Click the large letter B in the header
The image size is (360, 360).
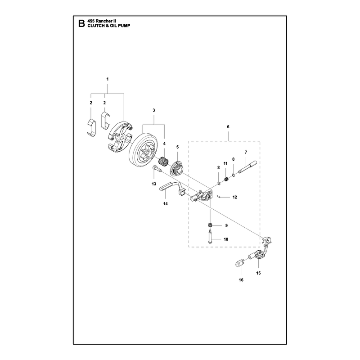[81, 23]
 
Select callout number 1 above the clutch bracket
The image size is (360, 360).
[108, 79]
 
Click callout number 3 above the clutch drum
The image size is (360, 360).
[154, 110]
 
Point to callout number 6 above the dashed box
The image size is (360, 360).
[228, 127]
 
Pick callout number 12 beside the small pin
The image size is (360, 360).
[234, 197]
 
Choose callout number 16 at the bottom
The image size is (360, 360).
[241, 280]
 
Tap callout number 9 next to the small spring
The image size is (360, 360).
[226, 226]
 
